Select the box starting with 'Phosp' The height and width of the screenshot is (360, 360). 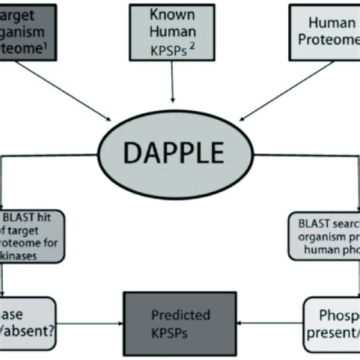[x=333, y=316]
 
